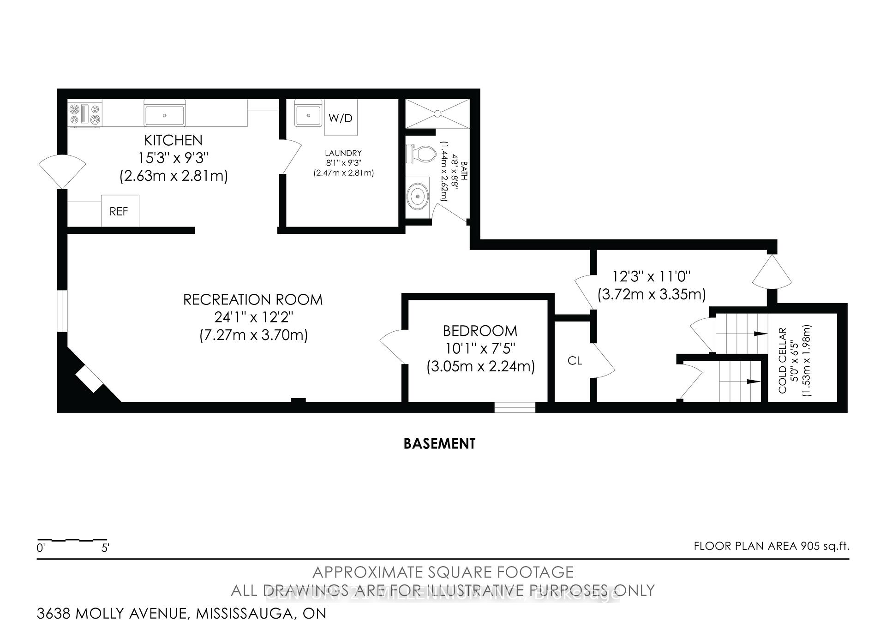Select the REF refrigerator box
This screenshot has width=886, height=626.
coord(120,211)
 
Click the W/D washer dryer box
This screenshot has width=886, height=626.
coord(341,118)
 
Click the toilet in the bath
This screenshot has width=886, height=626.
coord(420,154)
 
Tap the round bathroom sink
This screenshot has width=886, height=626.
coord(418,196)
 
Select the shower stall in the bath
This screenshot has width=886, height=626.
coord(437,113)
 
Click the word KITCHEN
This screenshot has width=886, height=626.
coord(173,140)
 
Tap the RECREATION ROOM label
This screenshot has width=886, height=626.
coord(253,300)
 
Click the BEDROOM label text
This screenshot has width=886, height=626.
coord(480,331)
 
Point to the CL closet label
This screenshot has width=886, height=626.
coord(575,361)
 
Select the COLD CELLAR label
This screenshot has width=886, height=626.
coord(782,361)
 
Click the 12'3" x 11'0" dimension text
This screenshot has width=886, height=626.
coord(651,277)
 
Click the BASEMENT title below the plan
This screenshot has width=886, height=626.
coord(439,444)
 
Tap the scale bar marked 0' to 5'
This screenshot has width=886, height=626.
coord(72,540)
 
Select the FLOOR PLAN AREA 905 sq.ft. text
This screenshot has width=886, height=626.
coord(771,546)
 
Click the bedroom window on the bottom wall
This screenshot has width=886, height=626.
coord(515,407)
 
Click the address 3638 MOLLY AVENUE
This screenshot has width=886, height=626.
coord(113,614)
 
